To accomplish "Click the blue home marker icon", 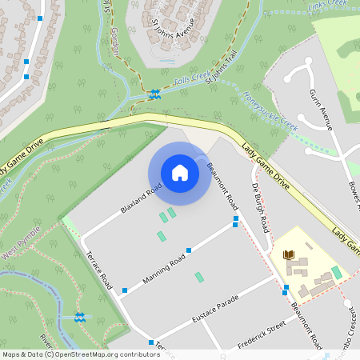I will (180, 173).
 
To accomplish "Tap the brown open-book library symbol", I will (290, 255).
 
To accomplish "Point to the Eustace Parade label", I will (216, 309).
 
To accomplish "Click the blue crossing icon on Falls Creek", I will (154, 94).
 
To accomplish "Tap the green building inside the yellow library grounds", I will (337, 272).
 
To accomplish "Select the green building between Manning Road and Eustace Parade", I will (199, 278).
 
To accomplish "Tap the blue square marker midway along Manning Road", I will (189, 250).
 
